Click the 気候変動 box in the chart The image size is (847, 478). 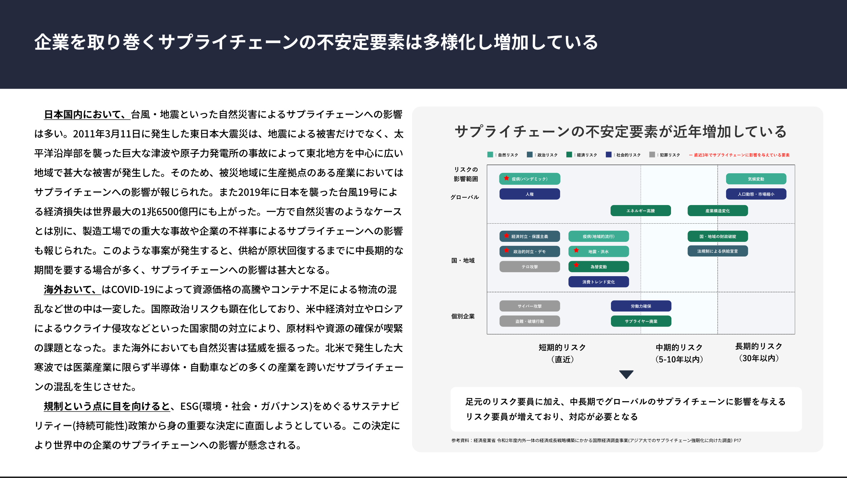756,179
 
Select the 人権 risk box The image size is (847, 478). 529,194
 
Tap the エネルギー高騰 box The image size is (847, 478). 640,211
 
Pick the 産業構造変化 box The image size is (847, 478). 717,211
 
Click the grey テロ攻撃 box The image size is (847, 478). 529,267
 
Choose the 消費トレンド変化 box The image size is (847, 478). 598,282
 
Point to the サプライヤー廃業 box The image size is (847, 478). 641,321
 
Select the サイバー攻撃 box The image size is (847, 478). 529,306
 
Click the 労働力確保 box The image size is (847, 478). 641,306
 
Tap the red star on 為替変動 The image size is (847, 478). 576,265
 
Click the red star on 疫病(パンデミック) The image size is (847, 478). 506,178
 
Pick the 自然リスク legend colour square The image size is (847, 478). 490,155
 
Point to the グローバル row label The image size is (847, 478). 464,197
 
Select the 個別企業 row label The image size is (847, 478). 463,316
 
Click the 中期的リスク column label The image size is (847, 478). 679,348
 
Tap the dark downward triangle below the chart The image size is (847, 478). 626,374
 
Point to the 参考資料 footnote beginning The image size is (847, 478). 460,440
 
